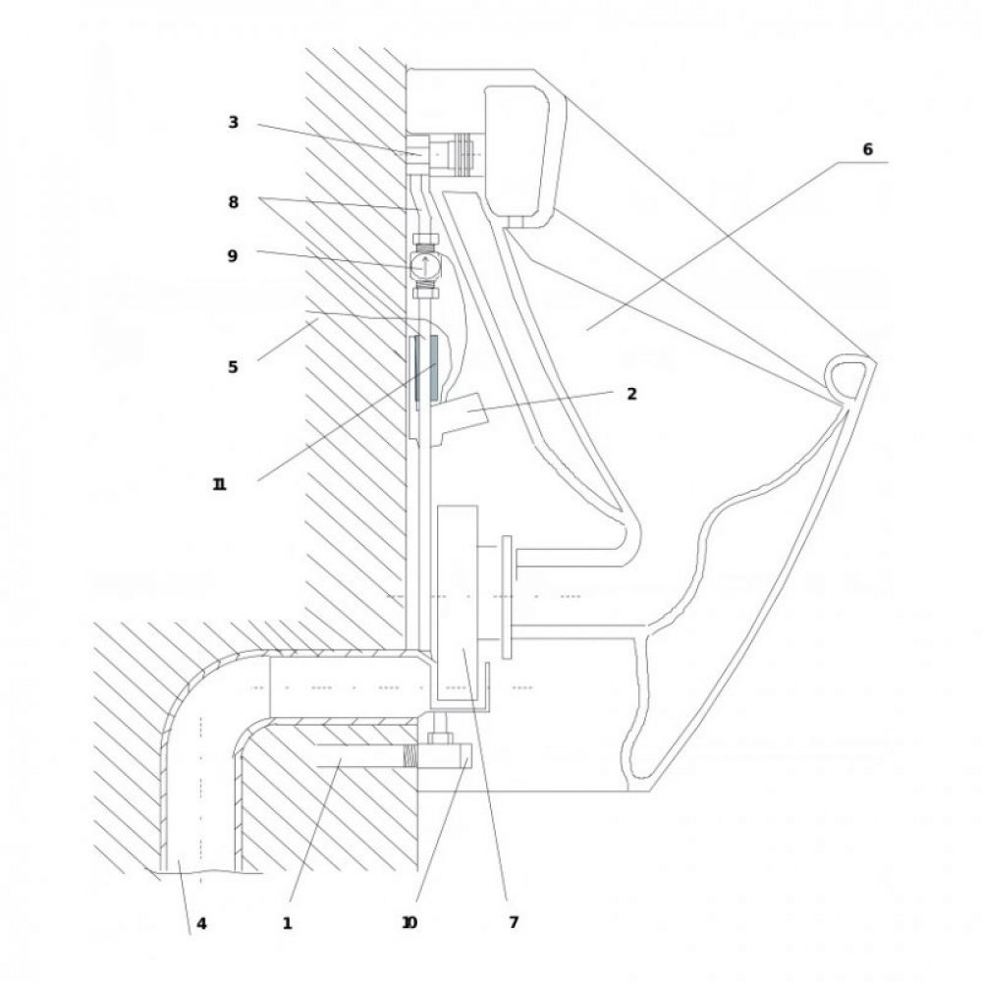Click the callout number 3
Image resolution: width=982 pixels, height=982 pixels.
point(233,122)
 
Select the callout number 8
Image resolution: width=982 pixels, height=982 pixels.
point(233,202)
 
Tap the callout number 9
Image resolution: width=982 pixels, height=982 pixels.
point(233,255)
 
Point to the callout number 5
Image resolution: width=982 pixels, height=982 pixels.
point(233,367)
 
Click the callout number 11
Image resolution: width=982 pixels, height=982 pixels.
point(219,484)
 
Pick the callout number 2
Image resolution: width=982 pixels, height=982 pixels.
point(631,394)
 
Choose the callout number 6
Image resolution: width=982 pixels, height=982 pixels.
point(867,149)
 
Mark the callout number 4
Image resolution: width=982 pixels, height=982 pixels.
point(201,924)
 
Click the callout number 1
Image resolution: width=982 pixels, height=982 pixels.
point(287,924)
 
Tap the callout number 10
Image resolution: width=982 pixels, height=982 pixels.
point(409,922)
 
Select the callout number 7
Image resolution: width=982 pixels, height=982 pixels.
point(514,922)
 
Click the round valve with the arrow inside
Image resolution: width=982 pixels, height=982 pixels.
point(426,265)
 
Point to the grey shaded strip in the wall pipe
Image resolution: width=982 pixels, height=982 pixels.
point(433,367)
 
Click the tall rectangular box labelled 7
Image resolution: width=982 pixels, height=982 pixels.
point(458,603)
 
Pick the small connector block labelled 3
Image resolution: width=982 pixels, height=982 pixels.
point(417,153)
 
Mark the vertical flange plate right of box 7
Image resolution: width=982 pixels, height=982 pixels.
point(507,597)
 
